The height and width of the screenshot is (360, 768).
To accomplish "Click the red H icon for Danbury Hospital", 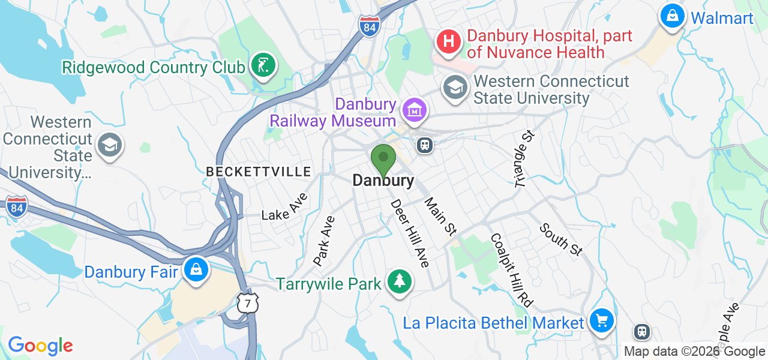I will (448, 41).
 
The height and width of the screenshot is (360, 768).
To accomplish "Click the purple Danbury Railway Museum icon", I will (415, 110).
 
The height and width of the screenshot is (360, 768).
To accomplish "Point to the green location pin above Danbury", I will (383, 160).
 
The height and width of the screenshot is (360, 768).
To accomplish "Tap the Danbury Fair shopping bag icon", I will (196, 271).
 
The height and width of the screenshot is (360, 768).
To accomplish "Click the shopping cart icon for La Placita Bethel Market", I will (601, 322).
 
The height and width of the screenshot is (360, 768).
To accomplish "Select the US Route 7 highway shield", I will (247, 304).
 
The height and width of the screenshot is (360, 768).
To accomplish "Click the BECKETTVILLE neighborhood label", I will (259, 172).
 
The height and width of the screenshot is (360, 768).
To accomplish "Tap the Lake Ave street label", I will (284, 207).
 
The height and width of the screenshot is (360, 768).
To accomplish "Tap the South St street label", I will (560, 239).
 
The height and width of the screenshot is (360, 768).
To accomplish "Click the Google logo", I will (40, 346).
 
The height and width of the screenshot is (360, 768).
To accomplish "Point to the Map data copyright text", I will (694, 352).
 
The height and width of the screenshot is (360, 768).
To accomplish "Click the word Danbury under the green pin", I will (383, 181).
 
